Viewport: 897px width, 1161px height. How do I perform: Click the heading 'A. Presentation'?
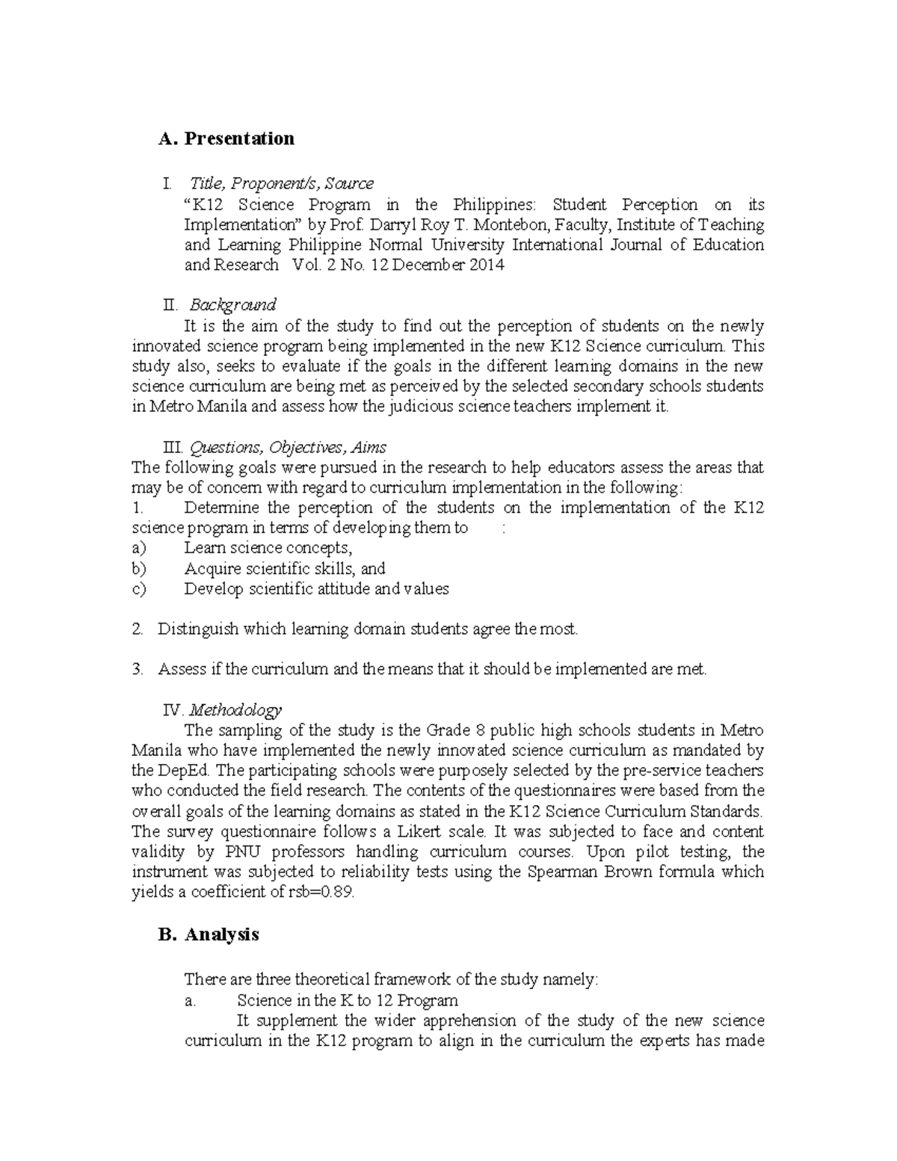226,139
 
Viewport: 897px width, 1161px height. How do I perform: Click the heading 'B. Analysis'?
209,934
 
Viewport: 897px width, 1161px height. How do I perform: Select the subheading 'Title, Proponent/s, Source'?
281,184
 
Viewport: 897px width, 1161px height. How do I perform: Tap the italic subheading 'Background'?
232,305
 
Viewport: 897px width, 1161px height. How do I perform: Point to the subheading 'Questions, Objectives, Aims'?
288,448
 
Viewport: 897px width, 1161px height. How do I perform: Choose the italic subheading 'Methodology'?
235,709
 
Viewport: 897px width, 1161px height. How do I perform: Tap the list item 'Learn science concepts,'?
268,548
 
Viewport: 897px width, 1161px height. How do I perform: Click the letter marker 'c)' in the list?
139,588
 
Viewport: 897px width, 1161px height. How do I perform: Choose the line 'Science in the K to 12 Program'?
347,1000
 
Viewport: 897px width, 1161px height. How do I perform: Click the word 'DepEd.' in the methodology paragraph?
183,771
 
